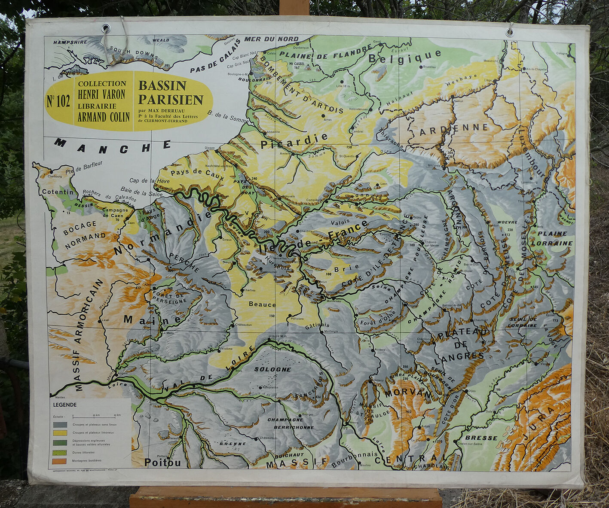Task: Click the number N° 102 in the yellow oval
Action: tap(58, 101)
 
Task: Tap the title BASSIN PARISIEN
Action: tap(170, 92)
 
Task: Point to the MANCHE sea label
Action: tap(113, 146)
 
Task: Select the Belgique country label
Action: tap(404, 56)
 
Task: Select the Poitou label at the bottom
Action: tap(162, 462)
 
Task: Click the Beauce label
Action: tap(262, 304)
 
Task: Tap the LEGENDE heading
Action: tap(64, 405)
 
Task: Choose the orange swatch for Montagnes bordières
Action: tap(60, 461)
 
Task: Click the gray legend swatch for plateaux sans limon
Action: tap(60, 424)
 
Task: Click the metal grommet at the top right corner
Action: tap(510, 32)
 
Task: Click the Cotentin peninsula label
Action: tap(58, 192)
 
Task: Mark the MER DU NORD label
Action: tap(271, 39)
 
